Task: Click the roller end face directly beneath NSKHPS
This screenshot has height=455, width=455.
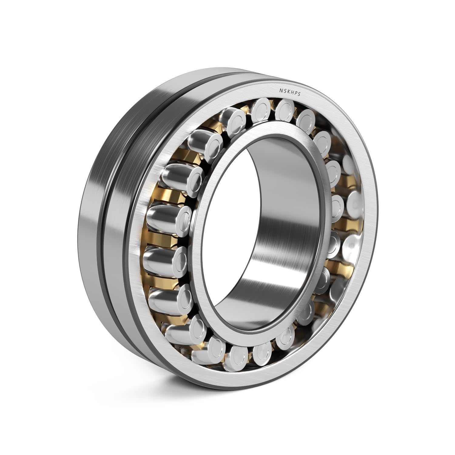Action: (285, 108)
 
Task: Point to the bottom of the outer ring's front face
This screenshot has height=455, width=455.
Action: (243, 381)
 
